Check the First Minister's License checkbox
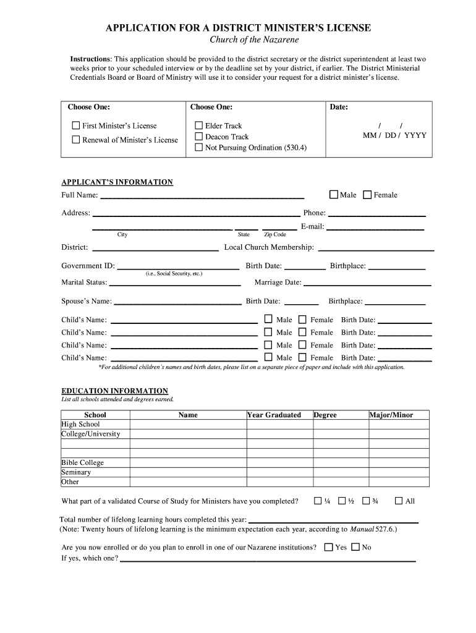click(x=76, y=125)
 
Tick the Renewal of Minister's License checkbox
click(x=76, y=140)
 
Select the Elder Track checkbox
click(x=199, y=125)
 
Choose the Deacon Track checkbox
click(x=199, y=137)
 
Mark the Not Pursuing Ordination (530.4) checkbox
click(x=199, y=148)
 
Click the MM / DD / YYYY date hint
click(x=394, y=135)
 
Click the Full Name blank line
click(x=202, y=196)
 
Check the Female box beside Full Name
click(x=367, y=195)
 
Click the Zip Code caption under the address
click(x=275, y=235)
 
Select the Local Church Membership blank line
click(x=375, y=249)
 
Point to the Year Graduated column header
click(x=274, y=415)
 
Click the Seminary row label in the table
click(x=76, y=472)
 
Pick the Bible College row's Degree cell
click(x=339, y=463)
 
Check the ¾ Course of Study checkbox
click(x=366, y=501)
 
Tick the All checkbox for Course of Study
click(x=398, y=501)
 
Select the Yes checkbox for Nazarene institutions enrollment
click(x=328, y=547)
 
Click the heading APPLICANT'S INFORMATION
click(x=117, y=182)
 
